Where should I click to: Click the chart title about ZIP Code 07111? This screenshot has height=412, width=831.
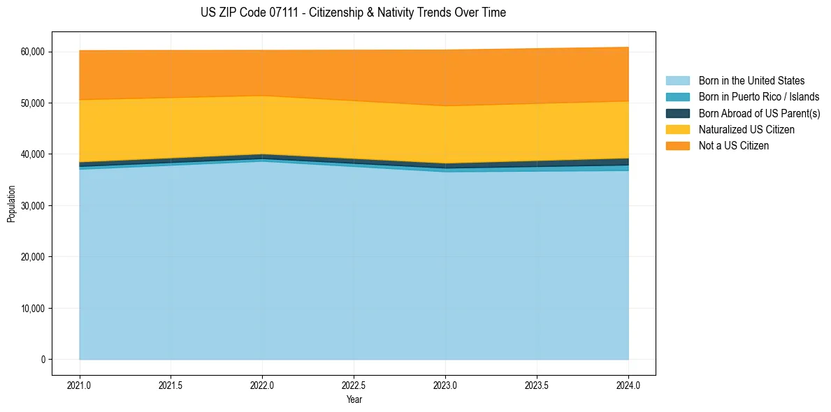click(x=353, y=13)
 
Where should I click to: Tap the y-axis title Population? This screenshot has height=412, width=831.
click(x=11, y=204)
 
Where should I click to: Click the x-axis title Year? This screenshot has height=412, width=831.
click(x=354, y=399)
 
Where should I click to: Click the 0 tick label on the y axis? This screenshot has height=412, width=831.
click(x=42, y=360)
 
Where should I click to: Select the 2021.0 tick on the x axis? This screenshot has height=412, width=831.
click(x=80, y=385)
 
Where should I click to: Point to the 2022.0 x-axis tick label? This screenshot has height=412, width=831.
click(x=262, y=385)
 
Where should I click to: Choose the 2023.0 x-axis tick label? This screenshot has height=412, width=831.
click(x=445, y=385)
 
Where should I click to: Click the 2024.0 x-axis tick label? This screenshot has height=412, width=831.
click(x=628, y=385)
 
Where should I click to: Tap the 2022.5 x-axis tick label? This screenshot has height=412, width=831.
click(x=354, y=385)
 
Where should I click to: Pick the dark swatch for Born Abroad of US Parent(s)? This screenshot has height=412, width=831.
click(x=677, y=113)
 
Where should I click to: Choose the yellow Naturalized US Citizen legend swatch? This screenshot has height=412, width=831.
click(x=677, y=129)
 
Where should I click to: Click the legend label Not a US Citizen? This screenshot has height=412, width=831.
click(x=733, y=146)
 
